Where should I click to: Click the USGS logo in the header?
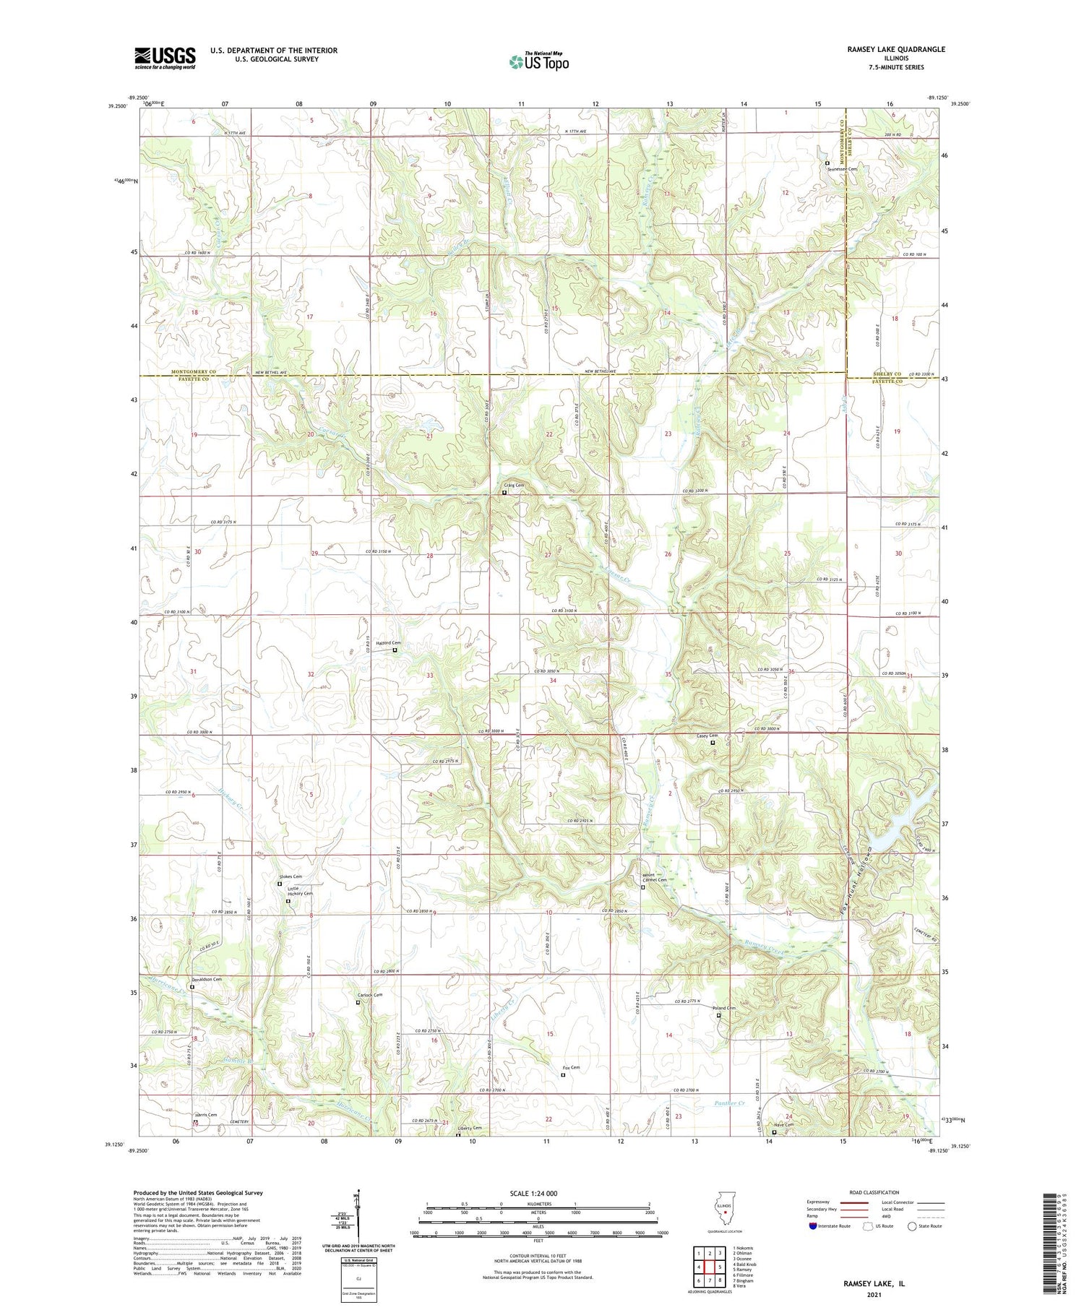pos(165,58)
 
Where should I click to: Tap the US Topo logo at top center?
pos(538,61)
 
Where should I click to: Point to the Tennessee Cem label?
pos(843,169)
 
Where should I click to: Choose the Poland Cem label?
pos(723,1009)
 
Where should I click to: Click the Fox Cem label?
pos(571,1067)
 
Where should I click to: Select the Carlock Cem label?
pos(369,995)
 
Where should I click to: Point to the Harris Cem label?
pos(205,1115)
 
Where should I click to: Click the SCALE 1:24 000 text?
pos(522,1193)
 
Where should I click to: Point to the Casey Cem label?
pos(707,736)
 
